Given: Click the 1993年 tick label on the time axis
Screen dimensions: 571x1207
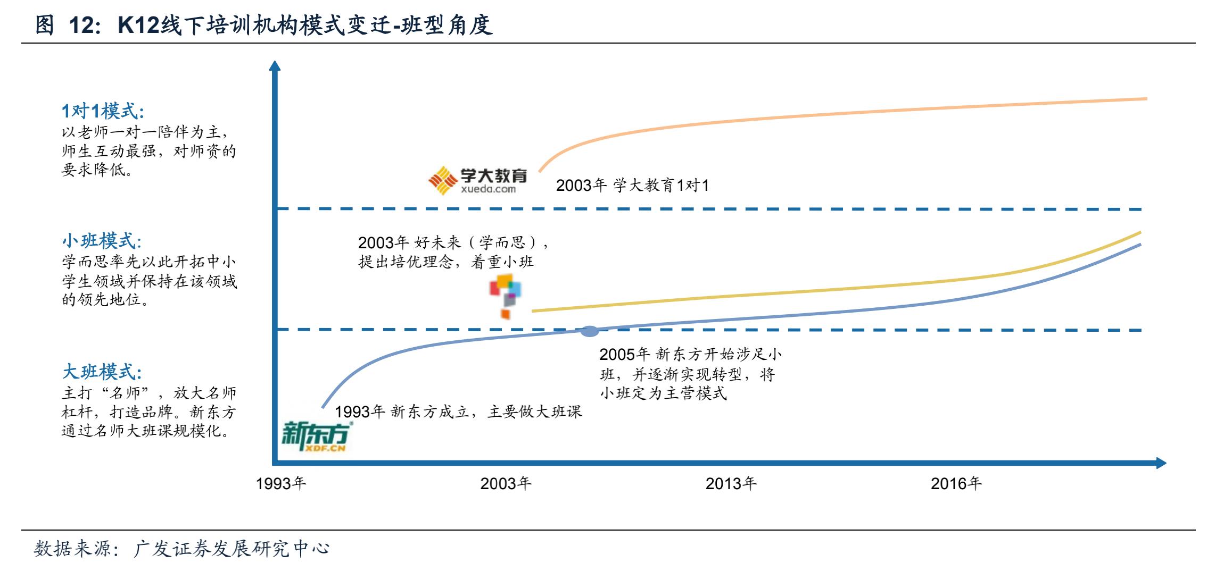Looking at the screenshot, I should click(281, 483).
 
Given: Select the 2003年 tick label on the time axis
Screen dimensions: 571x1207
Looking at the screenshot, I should click(506, 483).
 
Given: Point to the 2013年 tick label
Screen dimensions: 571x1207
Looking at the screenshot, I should click(731, 483).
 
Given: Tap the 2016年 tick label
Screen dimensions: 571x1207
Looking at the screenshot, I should click(956, 483).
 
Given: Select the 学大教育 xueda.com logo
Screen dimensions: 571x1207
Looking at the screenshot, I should click(477, 180).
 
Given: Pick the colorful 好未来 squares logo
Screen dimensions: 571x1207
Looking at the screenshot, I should click(506, 296).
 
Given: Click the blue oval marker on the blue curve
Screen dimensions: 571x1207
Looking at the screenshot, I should click(589, 331).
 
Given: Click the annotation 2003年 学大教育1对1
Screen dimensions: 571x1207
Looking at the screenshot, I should click(632, 186).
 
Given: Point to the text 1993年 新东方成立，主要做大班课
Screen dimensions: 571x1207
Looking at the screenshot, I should click(458, 412).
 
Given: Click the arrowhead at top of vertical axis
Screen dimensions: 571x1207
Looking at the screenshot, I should click(275, 66).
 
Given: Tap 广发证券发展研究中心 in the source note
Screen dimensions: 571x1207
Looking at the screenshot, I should click(232, 549).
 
